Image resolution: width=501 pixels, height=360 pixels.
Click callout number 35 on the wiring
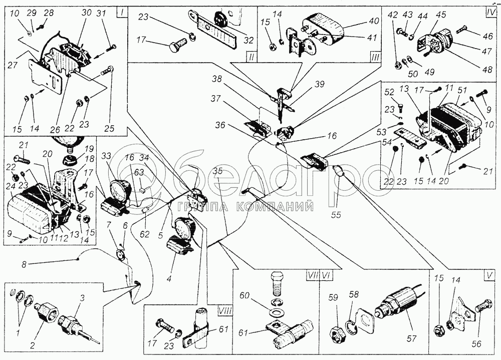pos(217,172)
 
